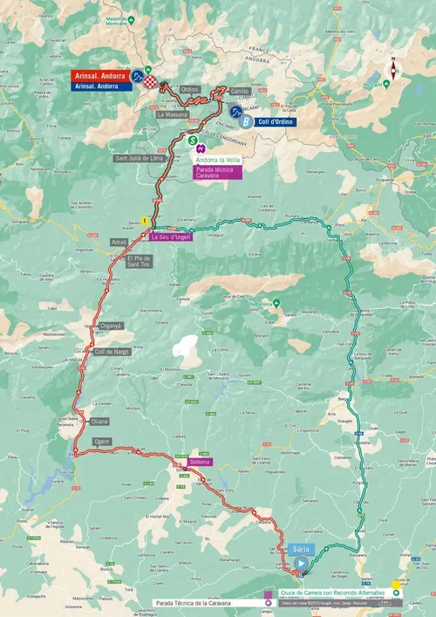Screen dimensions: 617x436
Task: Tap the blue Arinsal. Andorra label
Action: [x=98, y=86]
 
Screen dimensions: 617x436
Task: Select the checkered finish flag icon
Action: [x=153, y=81]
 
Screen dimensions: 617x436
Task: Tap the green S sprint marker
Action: [x=192, y=139]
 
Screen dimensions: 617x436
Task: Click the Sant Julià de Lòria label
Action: [x=139, y=158]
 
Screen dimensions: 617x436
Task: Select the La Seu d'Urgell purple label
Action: [x=170, y=237]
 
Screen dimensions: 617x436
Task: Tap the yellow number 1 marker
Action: [x=143, y=221]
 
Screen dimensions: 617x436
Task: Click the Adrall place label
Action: [x=119, y=240]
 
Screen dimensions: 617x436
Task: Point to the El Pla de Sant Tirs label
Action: [x=139, y=262]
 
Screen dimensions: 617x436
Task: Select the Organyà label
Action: [x=110, y=326]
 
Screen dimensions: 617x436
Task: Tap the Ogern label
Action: [x=102, y=442]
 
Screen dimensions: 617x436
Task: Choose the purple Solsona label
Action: [x=200, y=461]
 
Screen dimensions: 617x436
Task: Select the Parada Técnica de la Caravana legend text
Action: [x=201, y=602]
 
